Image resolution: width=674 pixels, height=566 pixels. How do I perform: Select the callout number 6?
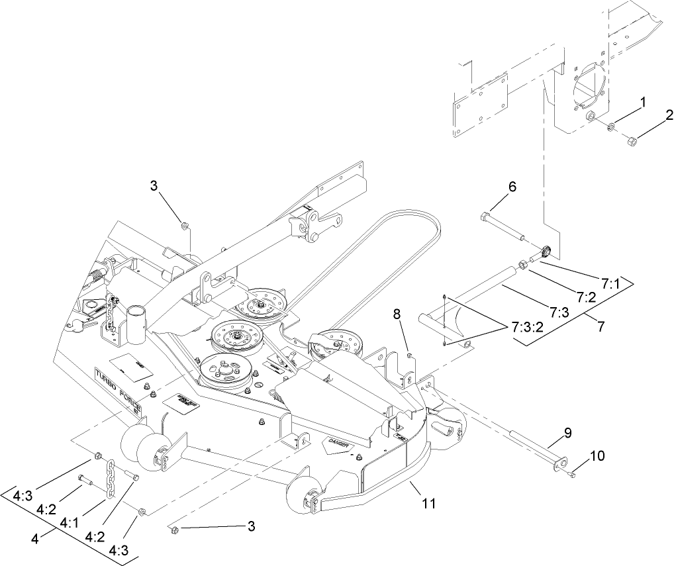[x=512, y=187]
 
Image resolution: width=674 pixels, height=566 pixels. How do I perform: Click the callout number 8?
[x=397, y=316]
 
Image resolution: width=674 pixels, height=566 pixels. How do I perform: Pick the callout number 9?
[x=567, y=433]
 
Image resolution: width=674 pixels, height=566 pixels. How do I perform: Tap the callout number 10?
[x=597, y=456]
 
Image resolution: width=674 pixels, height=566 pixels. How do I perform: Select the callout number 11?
[x=429, y=504]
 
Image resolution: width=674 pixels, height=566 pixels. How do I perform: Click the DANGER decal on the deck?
[x=342, y=446]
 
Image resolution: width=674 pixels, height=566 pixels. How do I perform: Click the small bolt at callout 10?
[x=573, y=474]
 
